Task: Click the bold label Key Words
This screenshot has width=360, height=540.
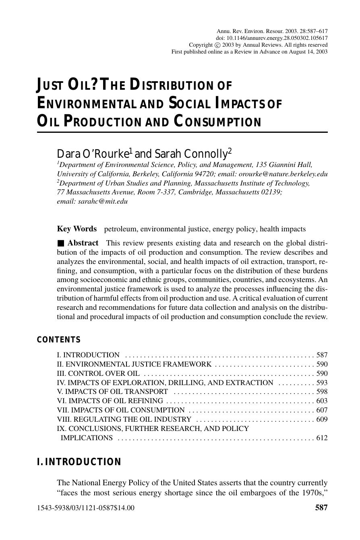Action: click(77, 229)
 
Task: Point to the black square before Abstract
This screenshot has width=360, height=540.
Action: click(60, 243)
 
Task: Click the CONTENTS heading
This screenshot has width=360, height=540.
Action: click(59, 340)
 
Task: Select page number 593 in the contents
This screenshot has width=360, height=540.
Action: click(322, 383)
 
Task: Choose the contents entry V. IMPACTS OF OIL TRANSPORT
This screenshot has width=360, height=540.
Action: click(112, 392)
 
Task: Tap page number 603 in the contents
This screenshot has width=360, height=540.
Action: click(322, 401)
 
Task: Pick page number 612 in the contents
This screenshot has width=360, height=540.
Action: click(322, 438)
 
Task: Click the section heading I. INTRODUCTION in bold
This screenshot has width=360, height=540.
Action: click(79, 462)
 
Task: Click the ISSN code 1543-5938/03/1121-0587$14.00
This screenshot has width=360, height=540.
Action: click(86, 508)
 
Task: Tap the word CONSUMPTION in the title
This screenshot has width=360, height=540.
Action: click(218, 121)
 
